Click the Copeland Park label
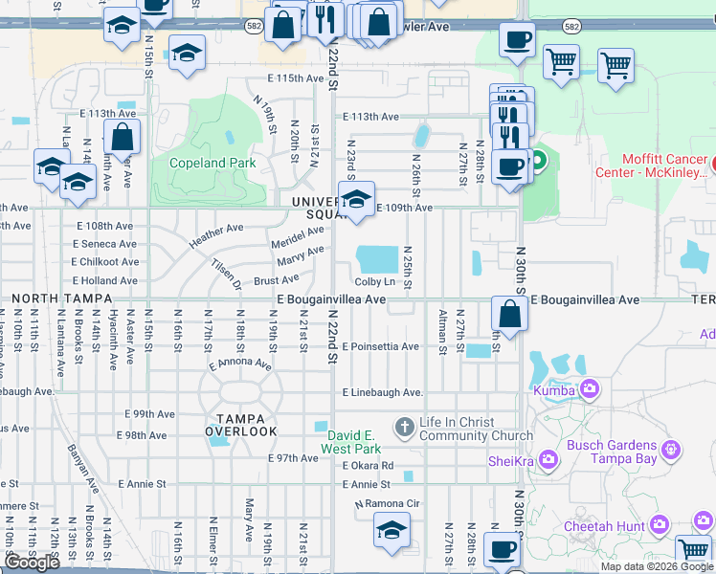(x=213, y=163)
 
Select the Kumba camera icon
(x=589, y=389)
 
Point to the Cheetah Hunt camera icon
(x=659, y=524)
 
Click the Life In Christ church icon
(x=405, y=426)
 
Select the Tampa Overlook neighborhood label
(x=246, y=425)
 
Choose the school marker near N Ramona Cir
(x=392, y=531)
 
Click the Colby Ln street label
(x=374, y=281)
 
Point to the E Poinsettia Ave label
(x=380, y=346)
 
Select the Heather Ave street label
(x=216, y=235)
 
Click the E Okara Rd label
(x=368, y=466)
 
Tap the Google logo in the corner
(x=32, y=563)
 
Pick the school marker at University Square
(x=356, y=202)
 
